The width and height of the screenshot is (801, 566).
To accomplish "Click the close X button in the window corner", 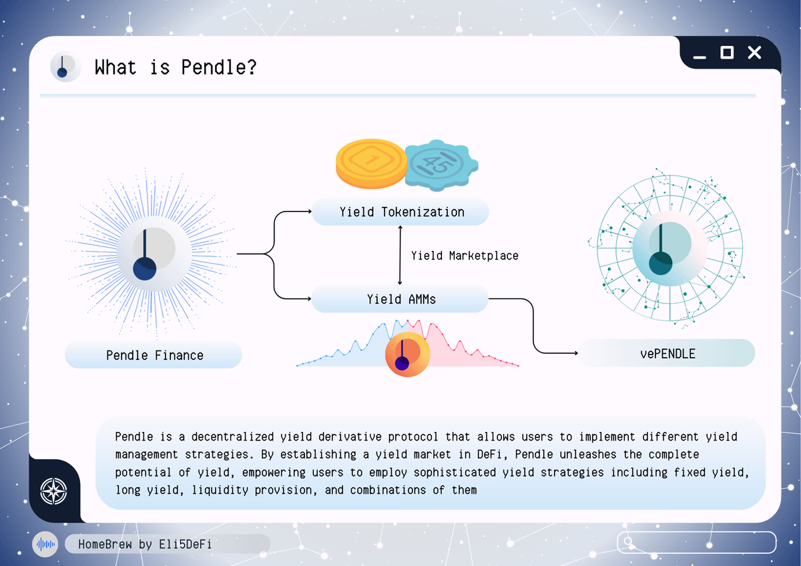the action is (754, 53).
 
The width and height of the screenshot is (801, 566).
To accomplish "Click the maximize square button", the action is (727, 53).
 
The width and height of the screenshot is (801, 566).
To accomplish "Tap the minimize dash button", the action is (700, 57).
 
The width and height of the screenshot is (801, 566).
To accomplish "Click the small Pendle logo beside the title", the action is (66, 67).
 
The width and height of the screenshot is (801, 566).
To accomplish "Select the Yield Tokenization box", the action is (400, 212).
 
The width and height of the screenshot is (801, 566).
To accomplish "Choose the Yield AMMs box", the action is (400, 299).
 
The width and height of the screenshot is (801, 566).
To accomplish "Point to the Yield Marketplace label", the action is (465, 256).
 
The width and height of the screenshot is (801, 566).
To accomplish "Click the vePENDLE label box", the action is (667, 353).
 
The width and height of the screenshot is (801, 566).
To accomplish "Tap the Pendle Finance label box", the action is (154, 354).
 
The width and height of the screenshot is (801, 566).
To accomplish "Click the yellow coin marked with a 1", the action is (371, 164).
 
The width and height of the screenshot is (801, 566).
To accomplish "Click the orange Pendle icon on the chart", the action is (407, 354).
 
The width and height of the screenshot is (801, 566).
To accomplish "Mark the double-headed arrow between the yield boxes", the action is (400, 255).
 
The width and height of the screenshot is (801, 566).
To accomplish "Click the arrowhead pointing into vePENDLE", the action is (576, 353).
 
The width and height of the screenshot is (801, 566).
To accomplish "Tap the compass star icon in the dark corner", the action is (53, 491).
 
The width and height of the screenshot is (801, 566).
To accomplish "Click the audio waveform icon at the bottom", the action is (45, 545).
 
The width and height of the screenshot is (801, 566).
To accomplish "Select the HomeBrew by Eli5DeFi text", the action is (145, 544).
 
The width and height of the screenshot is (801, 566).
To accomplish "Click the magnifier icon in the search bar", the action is (628, 541).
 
